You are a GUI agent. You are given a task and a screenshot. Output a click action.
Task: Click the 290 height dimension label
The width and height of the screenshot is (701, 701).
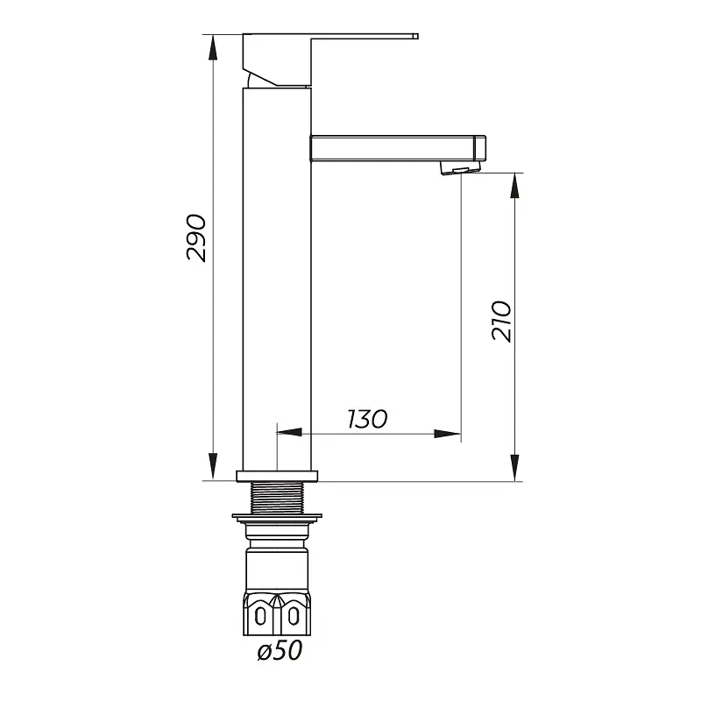[196, 237]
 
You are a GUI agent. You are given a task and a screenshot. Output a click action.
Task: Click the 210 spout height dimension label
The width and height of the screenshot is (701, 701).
[501, 321]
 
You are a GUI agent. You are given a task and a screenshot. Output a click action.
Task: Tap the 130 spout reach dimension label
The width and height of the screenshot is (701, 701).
[367, 419]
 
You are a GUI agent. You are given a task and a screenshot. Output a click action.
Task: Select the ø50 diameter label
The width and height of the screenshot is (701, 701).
[280, 650]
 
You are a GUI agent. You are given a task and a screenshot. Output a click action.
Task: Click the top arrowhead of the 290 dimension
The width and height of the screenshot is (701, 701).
[213, 47]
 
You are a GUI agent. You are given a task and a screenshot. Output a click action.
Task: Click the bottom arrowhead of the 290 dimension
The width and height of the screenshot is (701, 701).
[213, 468]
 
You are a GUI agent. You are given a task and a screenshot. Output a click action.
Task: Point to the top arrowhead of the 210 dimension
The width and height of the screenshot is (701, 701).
[515, 186]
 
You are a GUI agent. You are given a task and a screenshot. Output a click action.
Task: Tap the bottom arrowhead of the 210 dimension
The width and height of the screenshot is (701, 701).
[515, 468]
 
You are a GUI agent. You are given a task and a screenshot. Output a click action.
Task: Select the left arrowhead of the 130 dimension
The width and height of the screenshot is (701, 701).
[290, 432]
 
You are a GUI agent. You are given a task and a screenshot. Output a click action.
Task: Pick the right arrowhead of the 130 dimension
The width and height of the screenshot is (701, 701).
[448, 433]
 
